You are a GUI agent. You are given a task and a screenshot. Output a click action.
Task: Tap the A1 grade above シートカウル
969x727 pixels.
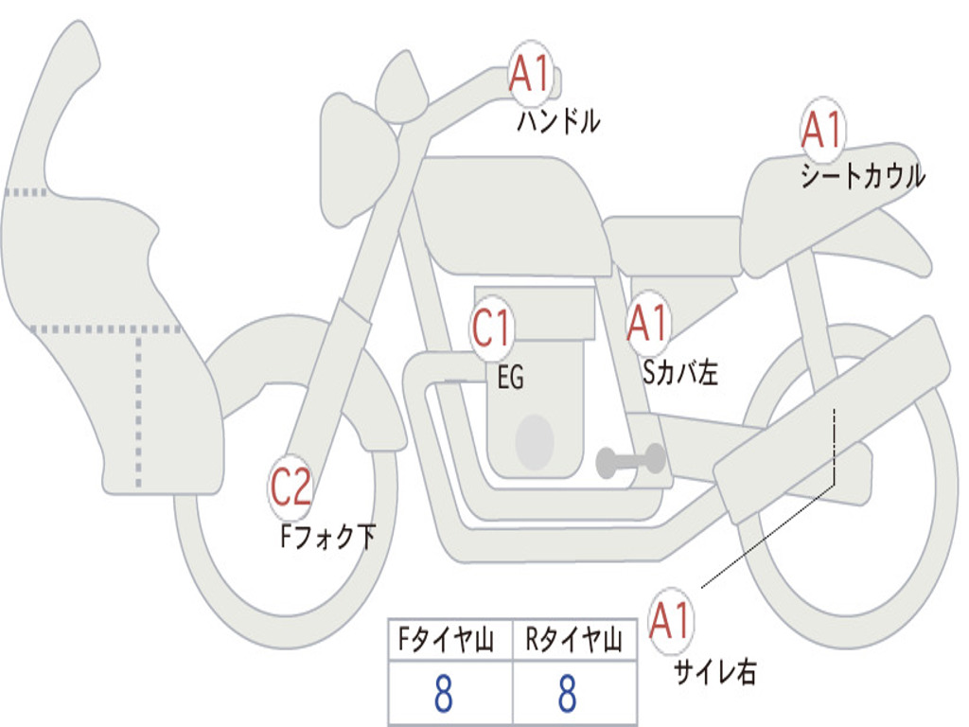coord(822,131)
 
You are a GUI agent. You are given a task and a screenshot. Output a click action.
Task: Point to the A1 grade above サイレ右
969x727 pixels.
coord(671,622)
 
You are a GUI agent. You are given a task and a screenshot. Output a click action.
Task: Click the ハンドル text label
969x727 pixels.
coord(558,121)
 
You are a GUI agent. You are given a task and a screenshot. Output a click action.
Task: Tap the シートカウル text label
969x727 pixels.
coord(862,177)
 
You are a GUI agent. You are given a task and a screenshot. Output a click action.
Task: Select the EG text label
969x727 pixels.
coord(510,379)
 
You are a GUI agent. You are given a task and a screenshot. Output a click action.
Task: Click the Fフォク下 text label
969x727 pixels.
coord(327,538)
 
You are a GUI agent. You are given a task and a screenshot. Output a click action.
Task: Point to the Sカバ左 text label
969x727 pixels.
coord(680,373)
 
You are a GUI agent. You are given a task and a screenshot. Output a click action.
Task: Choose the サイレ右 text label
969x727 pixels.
coord(715,672)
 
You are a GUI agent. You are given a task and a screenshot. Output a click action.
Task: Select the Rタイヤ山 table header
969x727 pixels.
coord(573,642)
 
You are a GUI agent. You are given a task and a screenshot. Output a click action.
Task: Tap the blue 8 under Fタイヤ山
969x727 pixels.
coord(443,694)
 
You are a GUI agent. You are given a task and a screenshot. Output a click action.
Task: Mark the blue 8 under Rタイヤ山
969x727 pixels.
coord(567,694)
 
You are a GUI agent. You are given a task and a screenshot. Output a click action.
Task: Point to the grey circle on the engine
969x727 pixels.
coord(535,441)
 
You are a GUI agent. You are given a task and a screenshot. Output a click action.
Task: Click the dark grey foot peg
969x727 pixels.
coord(631,461)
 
